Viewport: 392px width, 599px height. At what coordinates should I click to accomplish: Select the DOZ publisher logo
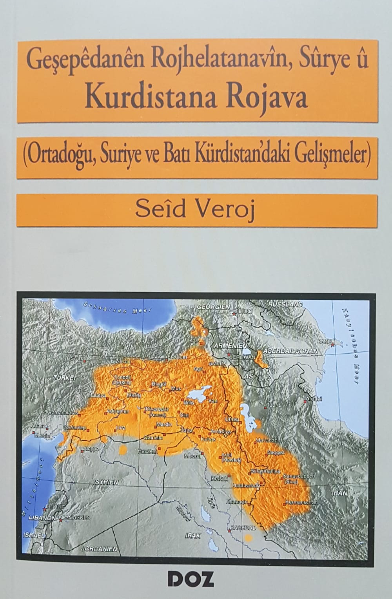click(x=191, y=579)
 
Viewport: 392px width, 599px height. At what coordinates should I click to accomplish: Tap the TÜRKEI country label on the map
click(x=64, y=378)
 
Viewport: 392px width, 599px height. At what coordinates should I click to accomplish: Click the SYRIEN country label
click(x=107, y=481)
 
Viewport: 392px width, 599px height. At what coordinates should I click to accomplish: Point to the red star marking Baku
click(x=333, y=345)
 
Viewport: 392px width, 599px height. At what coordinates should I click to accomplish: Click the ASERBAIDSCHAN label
click(x=290, y=351)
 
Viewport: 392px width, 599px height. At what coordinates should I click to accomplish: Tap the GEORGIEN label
click(x=213, y=307)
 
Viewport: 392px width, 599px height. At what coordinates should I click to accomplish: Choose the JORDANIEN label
click(x=99, y=549)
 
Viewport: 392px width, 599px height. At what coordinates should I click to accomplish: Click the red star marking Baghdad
click(x=229, y=531)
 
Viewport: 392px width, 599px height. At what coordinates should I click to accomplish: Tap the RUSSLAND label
click(x=285, y=304)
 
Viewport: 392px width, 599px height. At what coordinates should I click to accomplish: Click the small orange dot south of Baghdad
click(x=248, y=538)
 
